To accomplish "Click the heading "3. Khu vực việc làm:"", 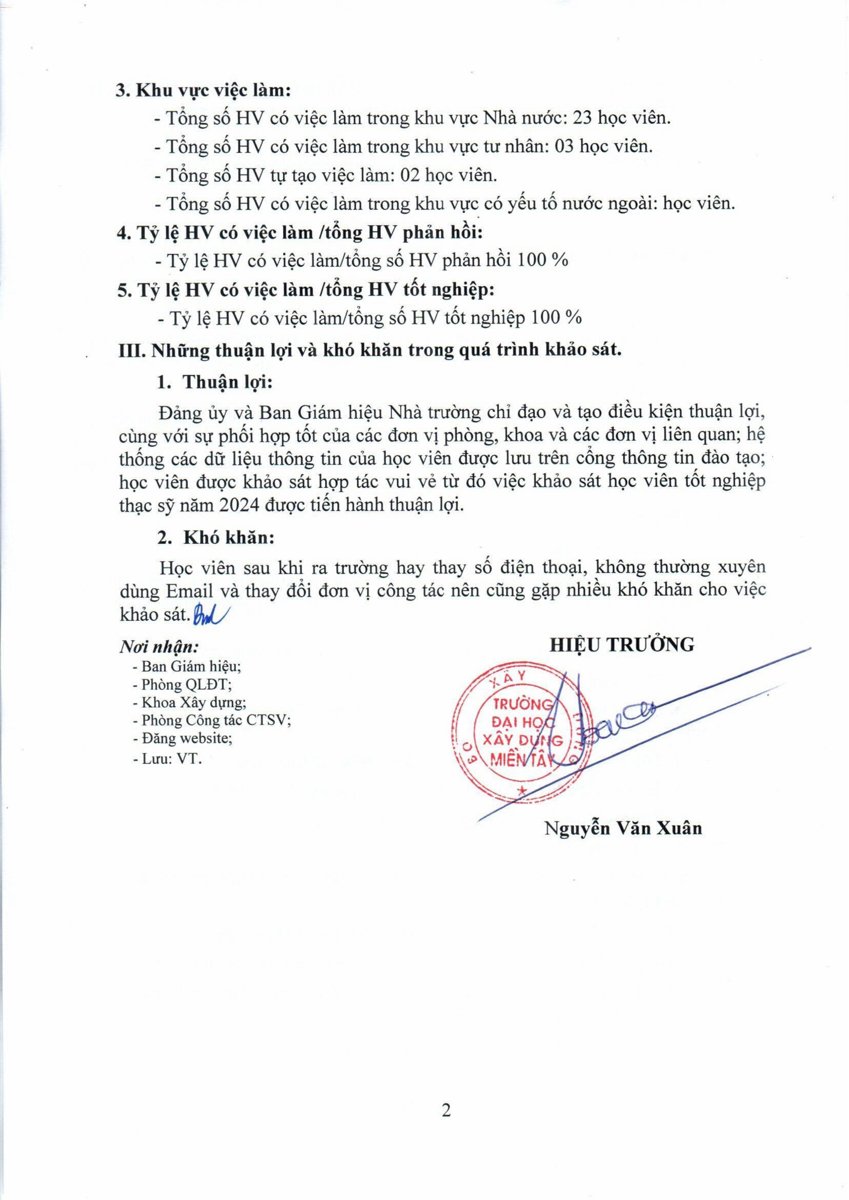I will tap(203, 90).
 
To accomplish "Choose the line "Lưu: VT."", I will tap(167, 758).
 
